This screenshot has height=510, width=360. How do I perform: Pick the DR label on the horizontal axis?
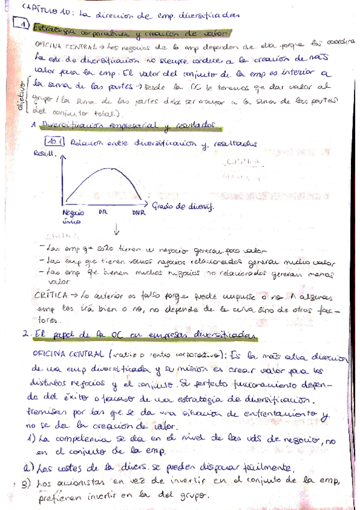pyautogui.click(x=103, y=212)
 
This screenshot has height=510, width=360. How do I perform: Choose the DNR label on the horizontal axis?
pyautogui.click(x=138, y=212)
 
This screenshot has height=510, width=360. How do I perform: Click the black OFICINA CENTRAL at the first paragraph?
pyautogui.click(x=58, y=45)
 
